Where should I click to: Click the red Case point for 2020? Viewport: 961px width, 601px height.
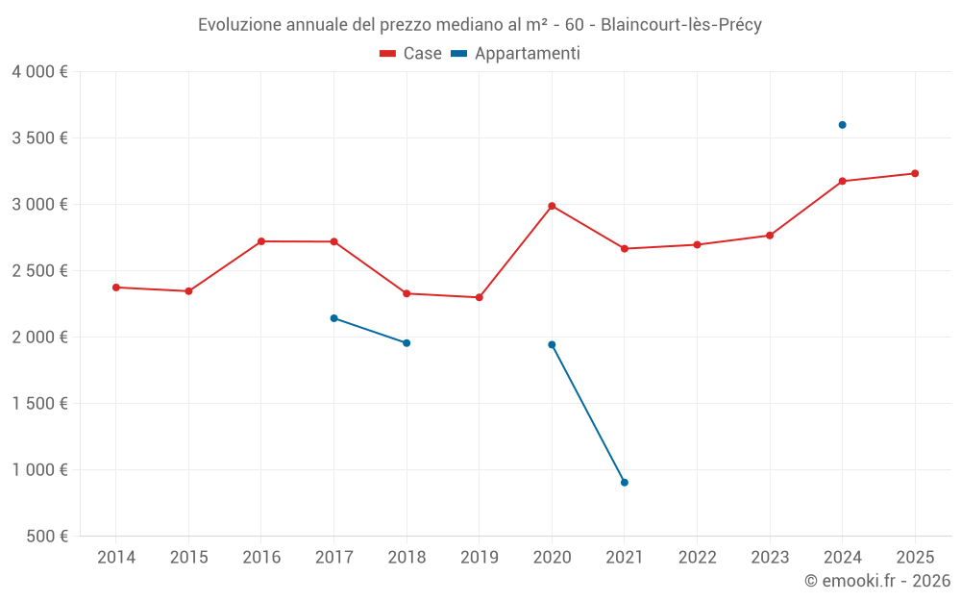(552, 206)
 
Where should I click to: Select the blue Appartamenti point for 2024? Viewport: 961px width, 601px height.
(842, 125)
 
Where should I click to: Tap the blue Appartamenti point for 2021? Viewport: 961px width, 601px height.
(625, 483)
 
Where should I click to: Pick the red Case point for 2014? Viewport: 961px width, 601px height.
(116, 288)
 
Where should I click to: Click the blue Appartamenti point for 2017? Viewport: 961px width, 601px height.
(333, 318)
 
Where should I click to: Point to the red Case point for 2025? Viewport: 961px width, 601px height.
(915, 174)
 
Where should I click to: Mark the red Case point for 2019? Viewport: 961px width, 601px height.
(480, 297)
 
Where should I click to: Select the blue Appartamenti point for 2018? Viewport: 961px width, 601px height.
(407, 343)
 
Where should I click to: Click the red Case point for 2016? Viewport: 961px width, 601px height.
(261, 241)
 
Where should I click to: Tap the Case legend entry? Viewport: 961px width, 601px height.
(411, 54)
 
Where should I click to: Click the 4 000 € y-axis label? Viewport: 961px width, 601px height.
(39, 72)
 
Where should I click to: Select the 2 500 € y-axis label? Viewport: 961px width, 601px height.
(39, 271)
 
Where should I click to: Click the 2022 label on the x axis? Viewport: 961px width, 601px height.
(697, 558)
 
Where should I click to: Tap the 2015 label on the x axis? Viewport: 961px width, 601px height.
(188, 558)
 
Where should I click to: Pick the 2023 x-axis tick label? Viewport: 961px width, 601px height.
(770, 558)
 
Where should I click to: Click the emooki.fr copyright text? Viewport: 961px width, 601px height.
(876, 581)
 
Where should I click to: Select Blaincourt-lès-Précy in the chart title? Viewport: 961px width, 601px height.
(681, 25)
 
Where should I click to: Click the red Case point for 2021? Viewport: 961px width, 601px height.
(625, 249)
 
